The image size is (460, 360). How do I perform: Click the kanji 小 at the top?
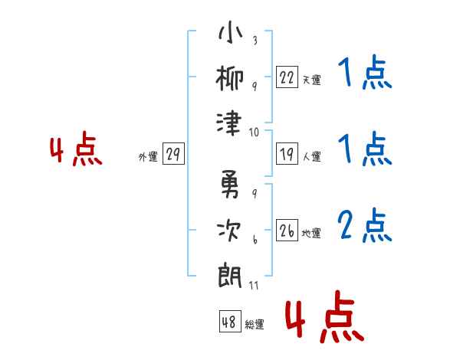tap(230, 32)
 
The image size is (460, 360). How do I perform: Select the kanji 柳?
tap(230, 78)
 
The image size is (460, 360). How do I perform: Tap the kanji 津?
tap(229, 123)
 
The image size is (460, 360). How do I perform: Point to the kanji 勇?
tap(230, 184)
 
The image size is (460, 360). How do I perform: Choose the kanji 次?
tap(228, 231)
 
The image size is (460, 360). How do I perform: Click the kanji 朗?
tap(230, 276)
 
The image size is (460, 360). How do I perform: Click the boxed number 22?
tap(287, 77)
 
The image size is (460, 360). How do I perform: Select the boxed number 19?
tap(287, 154)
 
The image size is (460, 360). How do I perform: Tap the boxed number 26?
tap(287, 230)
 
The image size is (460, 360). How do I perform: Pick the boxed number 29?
tap(173, 154)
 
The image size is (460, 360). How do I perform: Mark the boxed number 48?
tap(230, 322)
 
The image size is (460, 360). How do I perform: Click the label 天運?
tap(312, 80)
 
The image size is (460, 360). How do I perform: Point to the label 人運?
tap(312, 156)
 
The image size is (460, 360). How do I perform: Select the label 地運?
tap(311, 233)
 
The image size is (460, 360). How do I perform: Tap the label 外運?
tap(148, 156)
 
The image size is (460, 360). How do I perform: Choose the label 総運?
tap(255, 324)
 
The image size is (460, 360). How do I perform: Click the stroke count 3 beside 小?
tap(255, 40)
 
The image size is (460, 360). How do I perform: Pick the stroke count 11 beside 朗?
tap(254, 285)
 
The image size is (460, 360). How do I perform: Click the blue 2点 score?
tap(365, 225)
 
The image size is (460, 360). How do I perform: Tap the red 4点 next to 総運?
tap(325, 316)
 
